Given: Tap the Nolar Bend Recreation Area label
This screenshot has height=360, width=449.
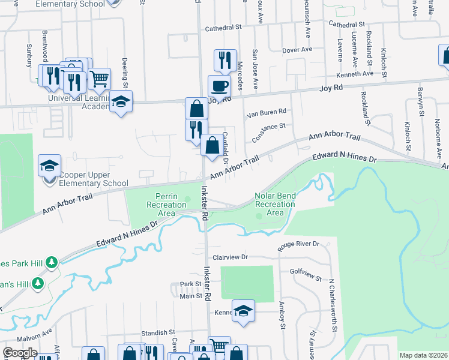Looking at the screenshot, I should click(x=275, y=204).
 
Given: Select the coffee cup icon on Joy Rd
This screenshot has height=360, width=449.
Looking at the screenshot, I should click(x=219, y=85).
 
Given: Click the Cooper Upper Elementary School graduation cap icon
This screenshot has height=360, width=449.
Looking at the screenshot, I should click(x=49, y=166).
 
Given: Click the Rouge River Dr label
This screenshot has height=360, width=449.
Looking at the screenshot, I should click(x=298, y=246).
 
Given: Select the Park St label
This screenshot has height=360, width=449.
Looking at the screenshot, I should click(x=190, y=284).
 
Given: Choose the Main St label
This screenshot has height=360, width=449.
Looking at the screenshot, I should click(x=190, y=296).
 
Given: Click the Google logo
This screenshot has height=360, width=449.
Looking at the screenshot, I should click(x=20, y=353).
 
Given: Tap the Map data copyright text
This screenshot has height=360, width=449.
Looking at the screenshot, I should click(x=423, y=355).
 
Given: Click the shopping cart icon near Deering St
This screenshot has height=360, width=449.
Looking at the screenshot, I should click(x=99, y=78).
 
